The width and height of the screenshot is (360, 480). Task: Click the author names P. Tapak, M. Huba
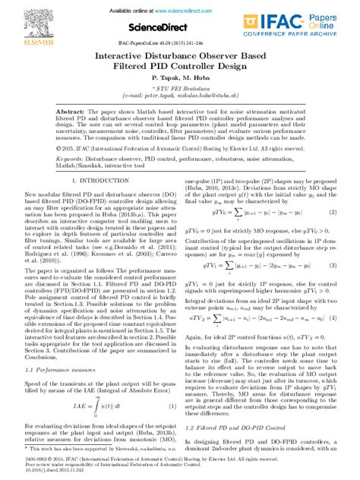coord(179,78)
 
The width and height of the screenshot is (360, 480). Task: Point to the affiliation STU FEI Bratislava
coord(181,90)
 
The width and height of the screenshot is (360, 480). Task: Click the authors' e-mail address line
coord(180,98)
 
